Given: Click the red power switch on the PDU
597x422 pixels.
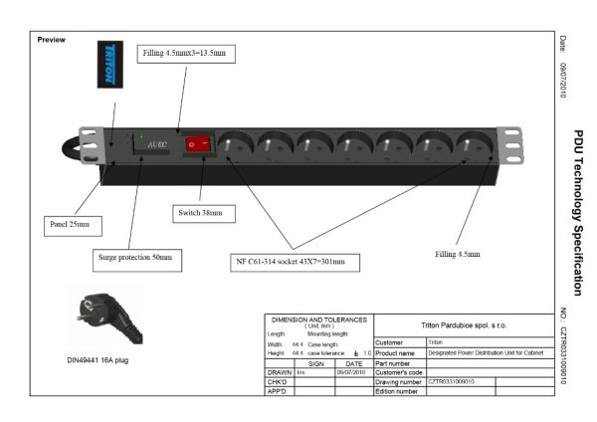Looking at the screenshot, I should pos(201,145).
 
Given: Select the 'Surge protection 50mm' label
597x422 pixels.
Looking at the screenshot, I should pos(134,257).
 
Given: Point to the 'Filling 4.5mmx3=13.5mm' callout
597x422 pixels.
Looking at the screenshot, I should pos(185,52).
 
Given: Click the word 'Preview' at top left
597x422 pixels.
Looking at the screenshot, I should pos(51,40).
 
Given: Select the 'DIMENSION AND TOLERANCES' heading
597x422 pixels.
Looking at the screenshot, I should pos(318,320).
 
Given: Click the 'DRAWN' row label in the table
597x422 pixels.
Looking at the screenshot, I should pos(279,372).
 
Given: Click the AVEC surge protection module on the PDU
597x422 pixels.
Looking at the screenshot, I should pos(156,145).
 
